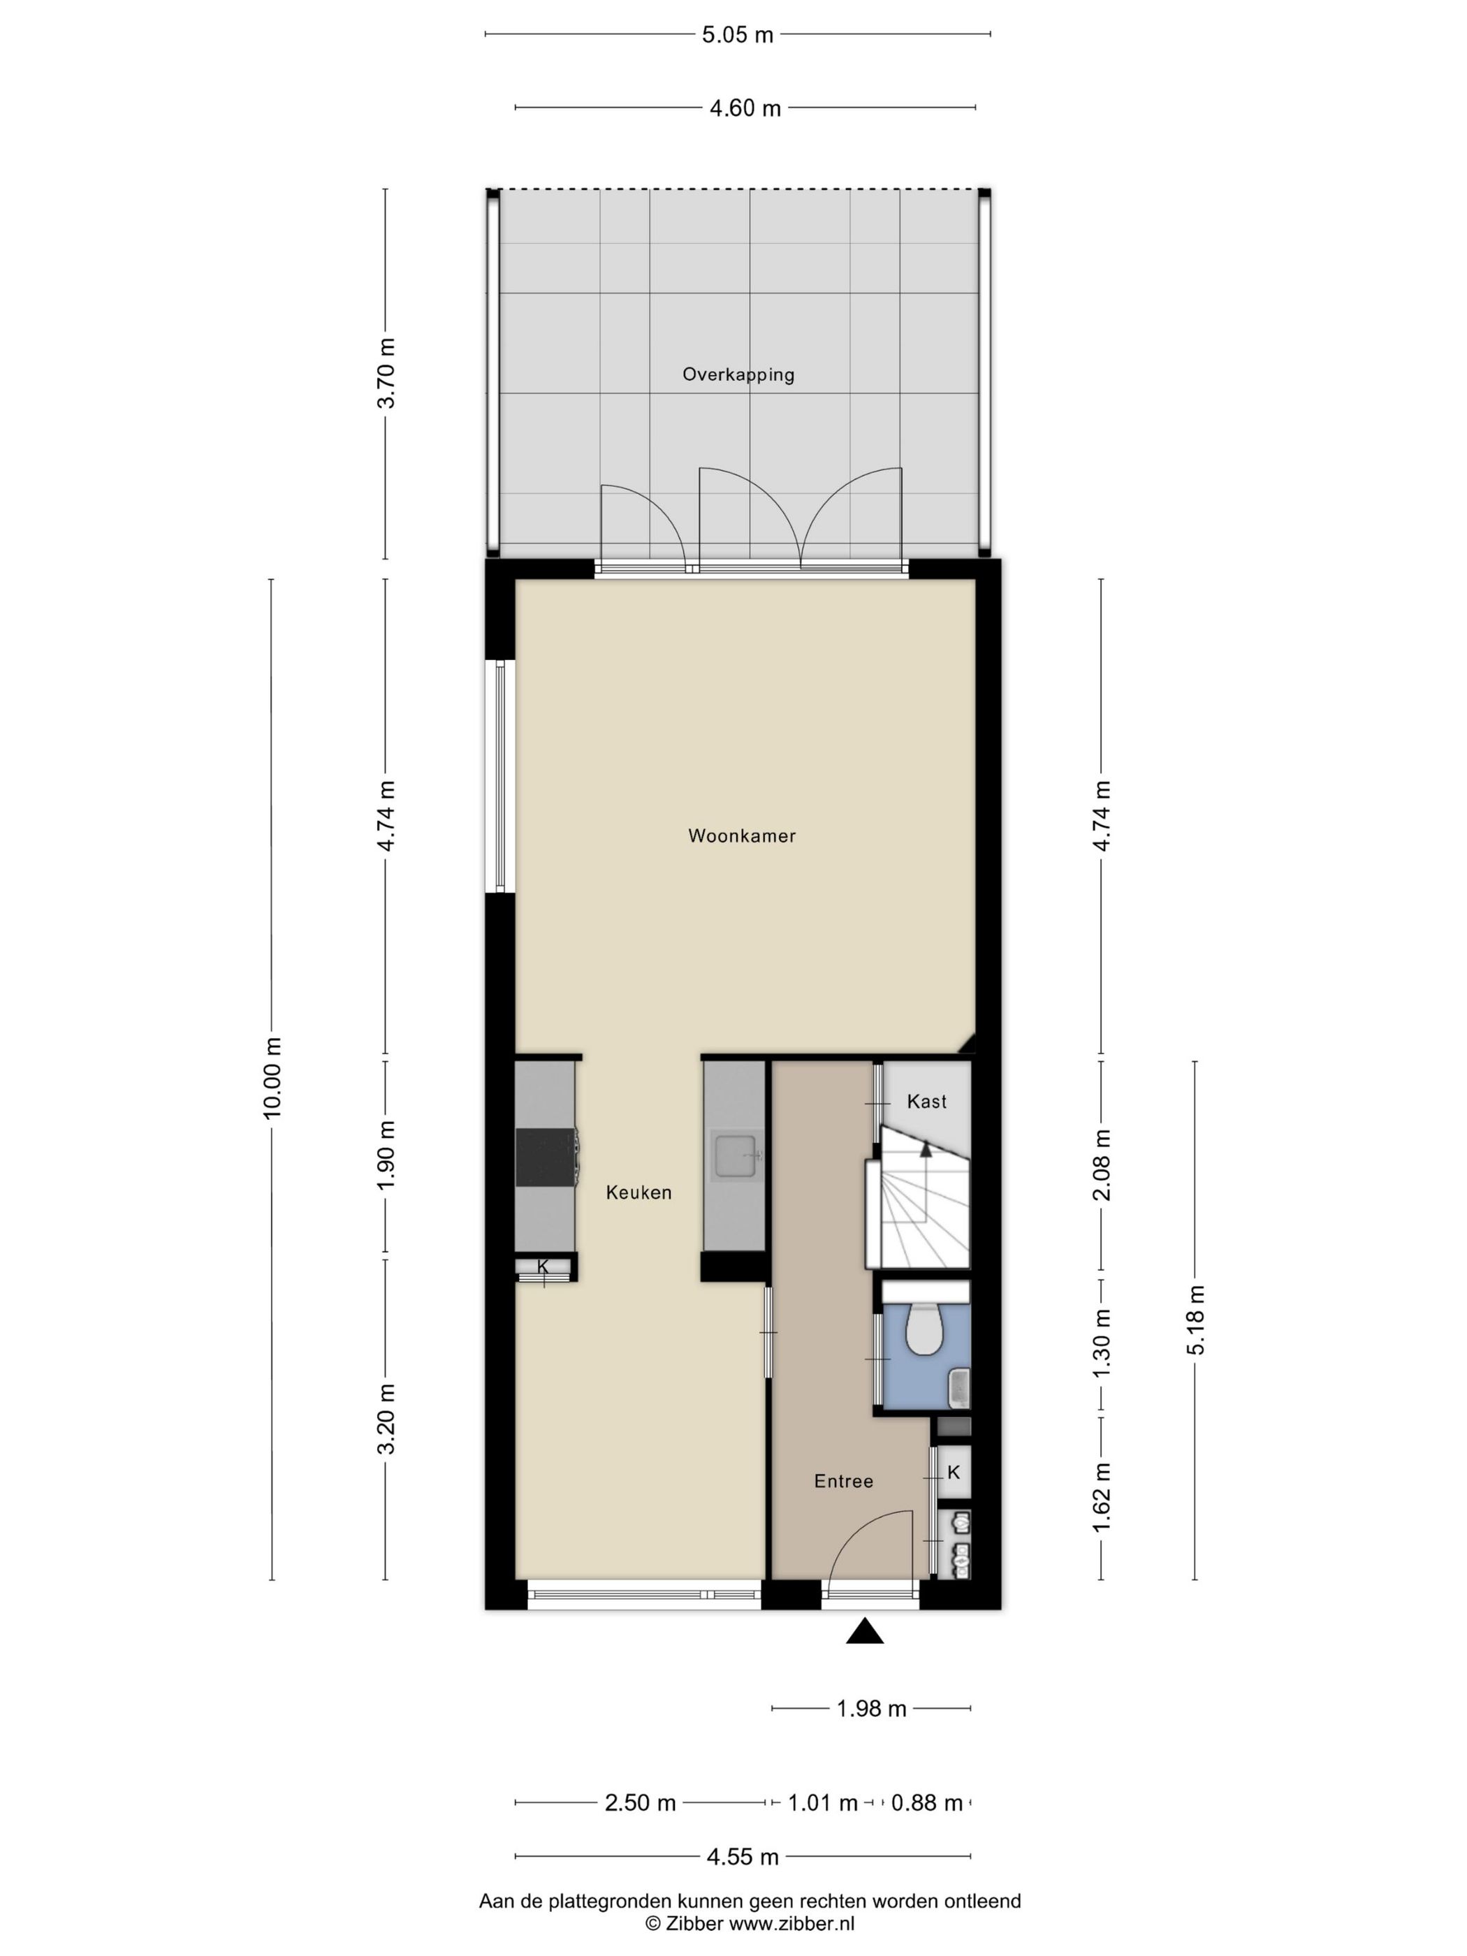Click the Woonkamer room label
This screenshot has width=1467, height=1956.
click(x=741, y=835)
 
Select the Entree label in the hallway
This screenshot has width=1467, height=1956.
click(x=842, y=1481)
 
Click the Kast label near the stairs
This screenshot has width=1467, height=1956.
click(x=926, y=1102)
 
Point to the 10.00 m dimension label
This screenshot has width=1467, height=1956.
click(x=272, y=1078)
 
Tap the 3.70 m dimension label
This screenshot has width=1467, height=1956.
click(x=386, y=373)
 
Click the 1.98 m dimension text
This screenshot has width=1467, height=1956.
click(x=871, y=1709)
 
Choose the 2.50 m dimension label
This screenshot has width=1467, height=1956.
click(x=640, y=1803)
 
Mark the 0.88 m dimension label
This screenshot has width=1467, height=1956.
click(x=926, y=1803)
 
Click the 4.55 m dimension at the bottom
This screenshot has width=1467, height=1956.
click(x=742, y=1857)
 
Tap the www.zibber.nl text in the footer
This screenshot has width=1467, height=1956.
click(x=791, y=1923)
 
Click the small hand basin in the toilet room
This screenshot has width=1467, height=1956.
click(x=958, y=1387)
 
